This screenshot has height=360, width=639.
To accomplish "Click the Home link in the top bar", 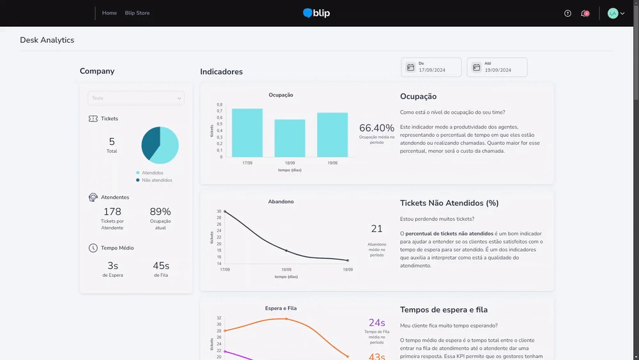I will (109, 13).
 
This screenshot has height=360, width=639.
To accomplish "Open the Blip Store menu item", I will (137, 13).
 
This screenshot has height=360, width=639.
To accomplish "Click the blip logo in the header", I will (317, 13).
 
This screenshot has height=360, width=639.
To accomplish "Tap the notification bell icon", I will (584, 13).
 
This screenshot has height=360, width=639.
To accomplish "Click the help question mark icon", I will (568, 13).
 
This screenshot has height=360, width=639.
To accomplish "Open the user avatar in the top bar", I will (613, 13).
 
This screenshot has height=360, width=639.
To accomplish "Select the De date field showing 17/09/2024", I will (433, 67).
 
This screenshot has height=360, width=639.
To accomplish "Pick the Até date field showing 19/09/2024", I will (497, 67).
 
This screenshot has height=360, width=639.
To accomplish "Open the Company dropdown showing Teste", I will (135, 98).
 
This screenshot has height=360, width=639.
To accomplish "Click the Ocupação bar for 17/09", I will (247, 133).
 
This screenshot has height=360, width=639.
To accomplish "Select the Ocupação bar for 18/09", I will (289, 138).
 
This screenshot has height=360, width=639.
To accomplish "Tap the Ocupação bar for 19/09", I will (332, 135).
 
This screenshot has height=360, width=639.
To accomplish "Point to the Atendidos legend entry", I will (152, 173).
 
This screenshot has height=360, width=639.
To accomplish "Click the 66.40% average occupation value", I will (377, 128).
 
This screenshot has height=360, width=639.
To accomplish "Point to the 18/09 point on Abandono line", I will (286, 251).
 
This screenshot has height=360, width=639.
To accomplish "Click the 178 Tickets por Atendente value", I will (112, 212).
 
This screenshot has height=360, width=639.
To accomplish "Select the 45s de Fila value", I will (160, 266).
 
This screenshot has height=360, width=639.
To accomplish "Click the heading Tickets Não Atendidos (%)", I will (449, 203).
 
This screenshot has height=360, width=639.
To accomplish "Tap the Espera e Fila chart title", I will (281, 308).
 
